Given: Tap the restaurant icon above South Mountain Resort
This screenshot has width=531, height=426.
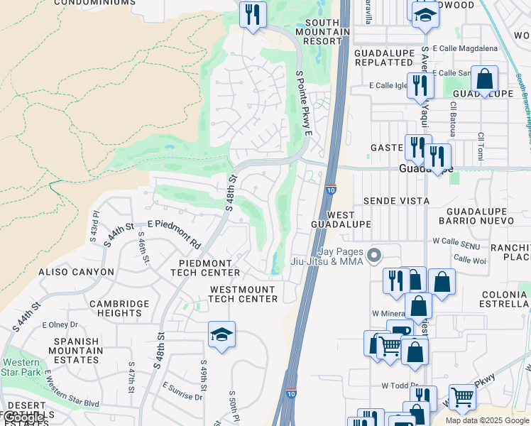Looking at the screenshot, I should click(253, 14).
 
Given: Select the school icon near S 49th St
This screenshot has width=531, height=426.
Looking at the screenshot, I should click(221, 334).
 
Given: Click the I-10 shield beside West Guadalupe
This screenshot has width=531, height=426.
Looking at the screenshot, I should click(331, 189).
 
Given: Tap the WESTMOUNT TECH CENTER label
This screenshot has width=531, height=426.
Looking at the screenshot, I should click(243, 295).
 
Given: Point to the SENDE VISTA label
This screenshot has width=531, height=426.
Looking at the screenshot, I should click(396, 201).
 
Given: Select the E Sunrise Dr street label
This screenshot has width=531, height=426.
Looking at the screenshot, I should click(182, 391).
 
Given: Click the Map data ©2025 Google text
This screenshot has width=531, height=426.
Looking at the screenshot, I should click(487, 420).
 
